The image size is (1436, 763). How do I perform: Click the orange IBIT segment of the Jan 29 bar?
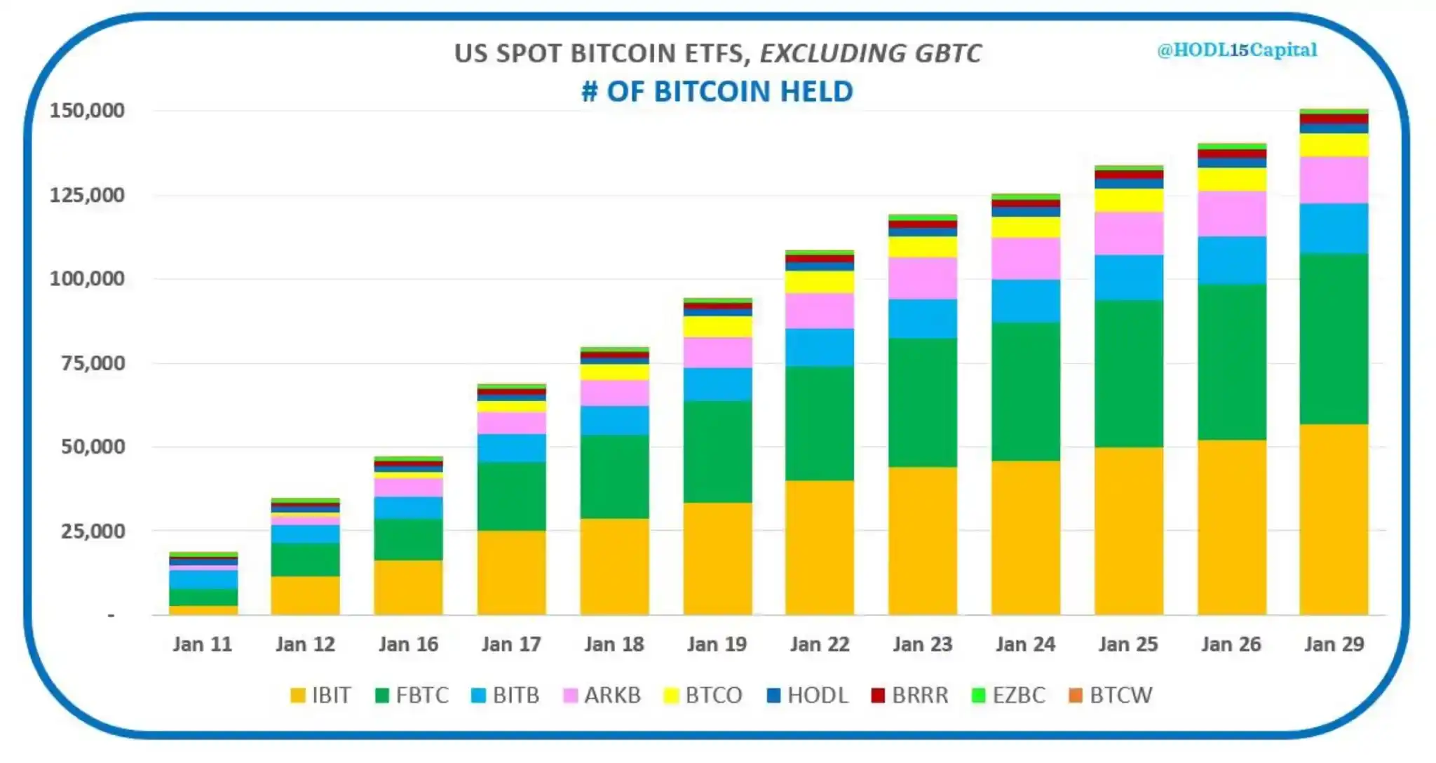(1334, 519)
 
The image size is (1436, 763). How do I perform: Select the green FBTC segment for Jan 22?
(820, 423)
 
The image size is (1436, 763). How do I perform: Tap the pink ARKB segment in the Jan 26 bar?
(1231, 213)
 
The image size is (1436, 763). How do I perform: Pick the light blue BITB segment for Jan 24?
(1025, 301)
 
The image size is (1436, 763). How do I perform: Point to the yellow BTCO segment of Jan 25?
(1128, 200)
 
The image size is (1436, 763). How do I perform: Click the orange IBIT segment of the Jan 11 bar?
(203, 610)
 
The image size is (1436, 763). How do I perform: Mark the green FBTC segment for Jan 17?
(511, 496)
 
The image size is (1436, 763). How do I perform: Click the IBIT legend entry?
(320, 695)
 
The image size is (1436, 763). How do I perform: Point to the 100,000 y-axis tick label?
(87, 278)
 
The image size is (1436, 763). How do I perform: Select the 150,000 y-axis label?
(87, 110)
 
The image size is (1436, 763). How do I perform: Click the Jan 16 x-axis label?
(408, 644)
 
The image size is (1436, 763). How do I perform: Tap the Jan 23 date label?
(922, 644)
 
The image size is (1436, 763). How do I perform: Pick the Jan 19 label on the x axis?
(717, 644)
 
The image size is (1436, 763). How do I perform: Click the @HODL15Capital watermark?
(1237, 50)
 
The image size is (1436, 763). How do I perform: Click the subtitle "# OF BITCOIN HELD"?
(717, 91)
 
